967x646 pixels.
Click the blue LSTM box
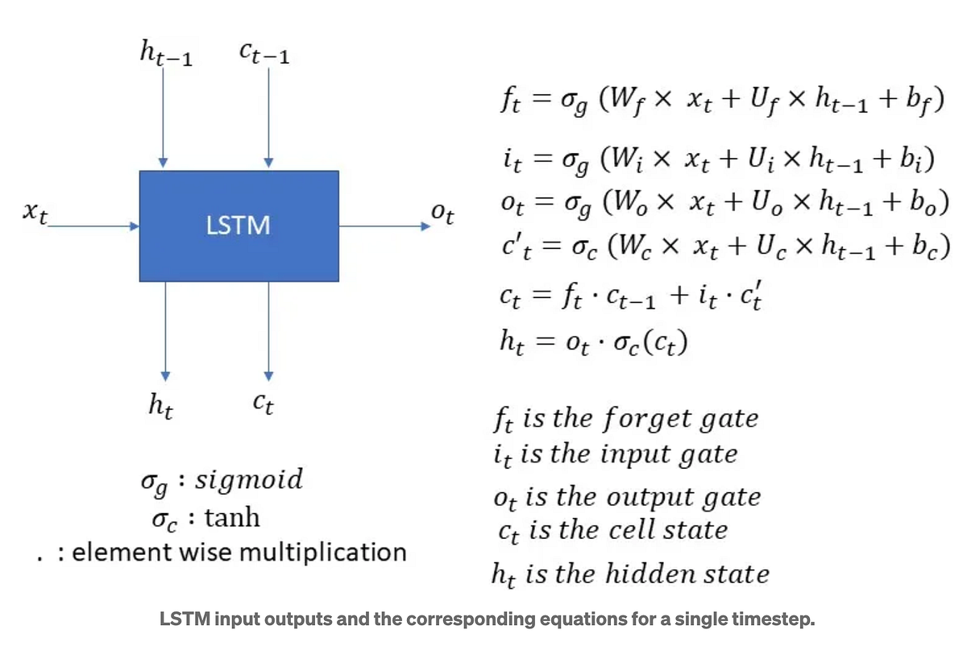[x=239, y=226]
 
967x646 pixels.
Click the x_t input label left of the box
[x=35, y=215]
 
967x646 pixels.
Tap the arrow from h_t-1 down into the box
[x=164, y=121]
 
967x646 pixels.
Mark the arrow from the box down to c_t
[x=269, y=330]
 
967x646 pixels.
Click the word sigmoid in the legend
[x=249, y=479]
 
